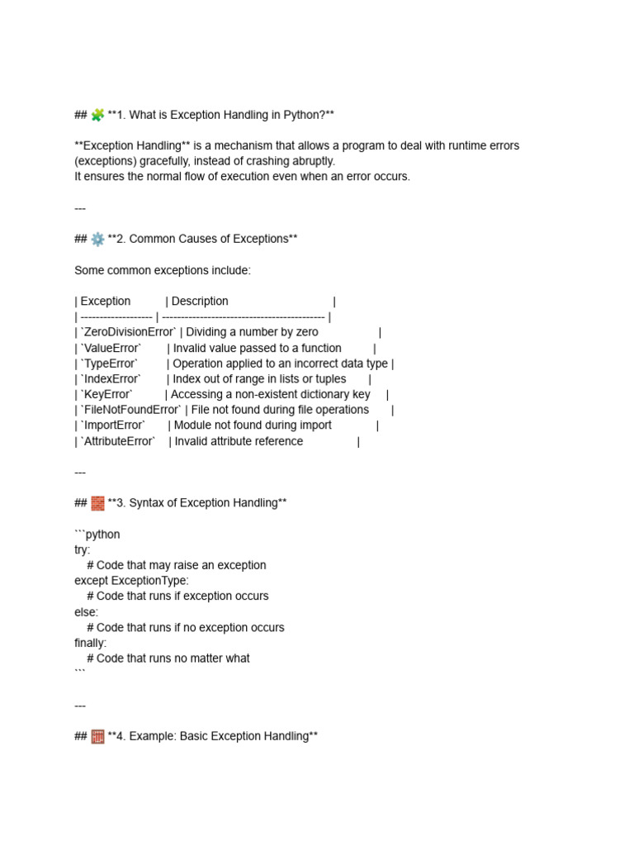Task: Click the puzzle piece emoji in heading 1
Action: point(97,115)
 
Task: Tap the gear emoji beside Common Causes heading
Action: point(97,240)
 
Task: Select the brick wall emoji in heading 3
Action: point(97,503)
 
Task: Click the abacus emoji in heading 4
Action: point(97,737)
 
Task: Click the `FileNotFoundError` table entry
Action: point(130,410)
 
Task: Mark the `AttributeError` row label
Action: point(117,441)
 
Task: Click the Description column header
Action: point(200,302)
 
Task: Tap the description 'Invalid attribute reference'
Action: point(239,441)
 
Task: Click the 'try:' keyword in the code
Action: point(83,550)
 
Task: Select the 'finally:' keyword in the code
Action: point(90,643)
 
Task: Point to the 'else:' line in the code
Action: point(86,612)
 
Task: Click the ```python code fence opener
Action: point(97,535)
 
